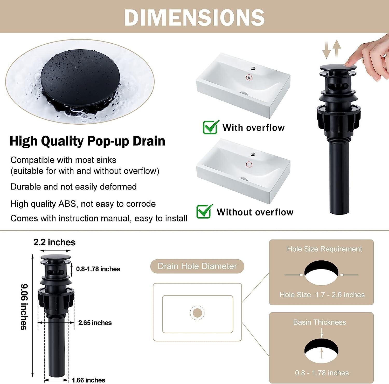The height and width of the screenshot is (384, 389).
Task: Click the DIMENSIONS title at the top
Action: [x=194, y=17]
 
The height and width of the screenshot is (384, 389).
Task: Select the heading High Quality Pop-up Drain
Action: [x=87, y=141]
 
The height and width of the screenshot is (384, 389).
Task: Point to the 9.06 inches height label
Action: [x=24, y=307]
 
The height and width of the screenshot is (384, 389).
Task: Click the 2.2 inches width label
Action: [x=54, y=242]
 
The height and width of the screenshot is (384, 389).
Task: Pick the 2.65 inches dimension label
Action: [x=95, y=323]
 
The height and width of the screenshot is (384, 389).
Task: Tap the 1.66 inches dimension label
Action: [x=88, y=380]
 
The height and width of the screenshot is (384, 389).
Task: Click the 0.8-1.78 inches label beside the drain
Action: [x=98, y=269]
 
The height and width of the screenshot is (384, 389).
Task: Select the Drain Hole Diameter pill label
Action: [x=197, y=266]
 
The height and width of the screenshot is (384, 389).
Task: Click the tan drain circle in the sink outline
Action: [x=197, y=313]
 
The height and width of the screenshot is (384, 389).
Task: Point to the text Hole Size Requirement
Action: [x=324, y=249]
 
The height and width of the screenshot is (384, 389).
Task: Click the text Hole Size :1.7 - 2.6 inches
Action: [x=322, y=295]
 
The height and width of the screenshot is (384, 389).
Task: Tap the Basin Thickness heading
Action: [x=319, y=322]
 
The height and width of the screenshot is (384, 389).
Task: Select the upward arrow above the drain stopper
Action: [x=337, y=48]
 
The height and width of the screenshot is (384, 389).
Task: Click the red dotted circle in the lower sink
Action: [x=249, y=164]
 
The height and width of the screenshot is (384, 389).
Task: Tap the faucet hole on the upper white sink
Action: [x=253, y=69]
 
